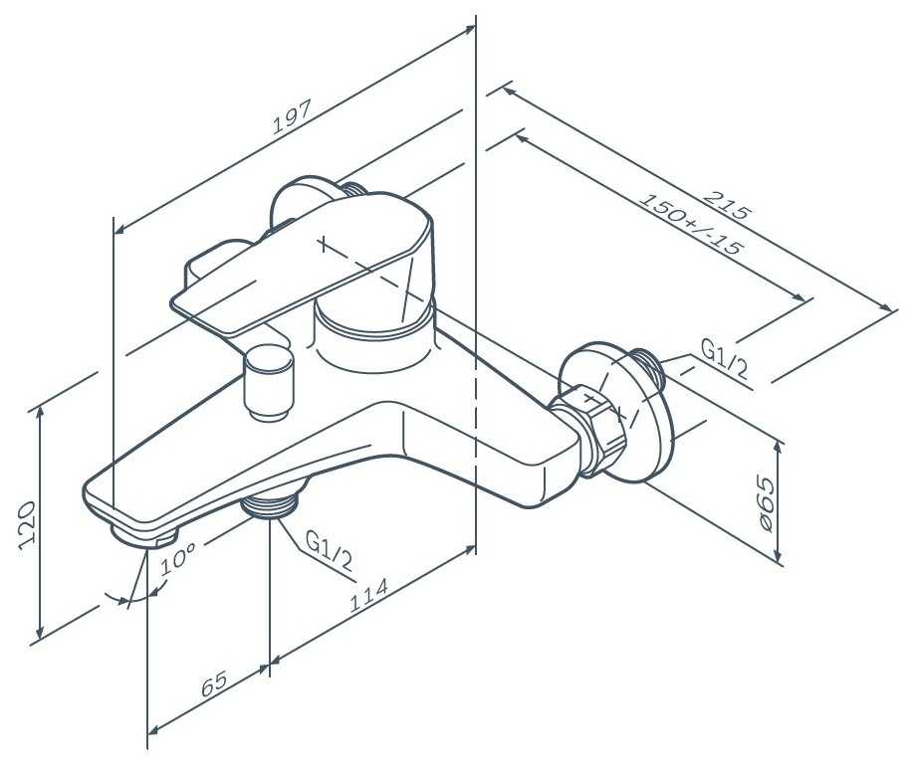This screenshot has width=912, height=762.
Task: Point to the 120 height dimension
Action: click(28, 522)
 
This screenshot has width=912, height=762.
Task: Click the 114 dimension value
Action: click(368, 595)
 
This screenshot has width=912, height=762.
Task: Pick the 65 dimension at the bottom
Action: click(215, 684)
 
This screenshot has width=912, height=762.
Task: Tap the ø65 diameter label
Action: click(766, 502)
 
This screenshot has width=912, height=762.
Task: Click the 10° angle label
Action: click(177, 557)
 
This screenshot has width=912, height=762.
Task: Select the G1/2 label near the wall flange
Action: click(724, 360)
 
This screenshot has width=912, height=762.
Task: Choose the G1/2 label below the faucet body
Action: click(329, 552)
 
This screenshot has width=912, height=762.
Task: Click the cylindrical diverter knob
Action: click(268, 382)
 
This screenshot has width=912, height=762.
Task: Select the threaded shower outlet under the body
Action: click(271, 504)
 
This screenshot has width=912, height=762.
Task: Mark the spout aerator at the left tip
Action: click(145, 534)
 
